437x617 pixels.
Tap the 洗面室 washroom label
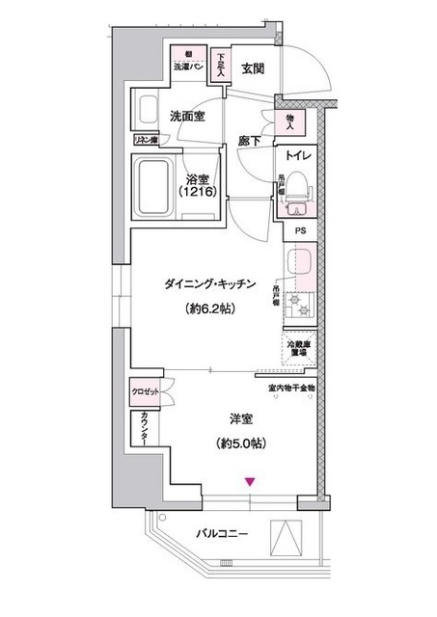pos(187,115)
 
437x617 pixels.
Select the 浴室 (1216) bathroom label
pos(198,184)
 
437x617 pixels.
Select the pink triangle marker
pos(250,482)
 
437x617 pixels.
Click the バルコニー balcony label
pos(224,532)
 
